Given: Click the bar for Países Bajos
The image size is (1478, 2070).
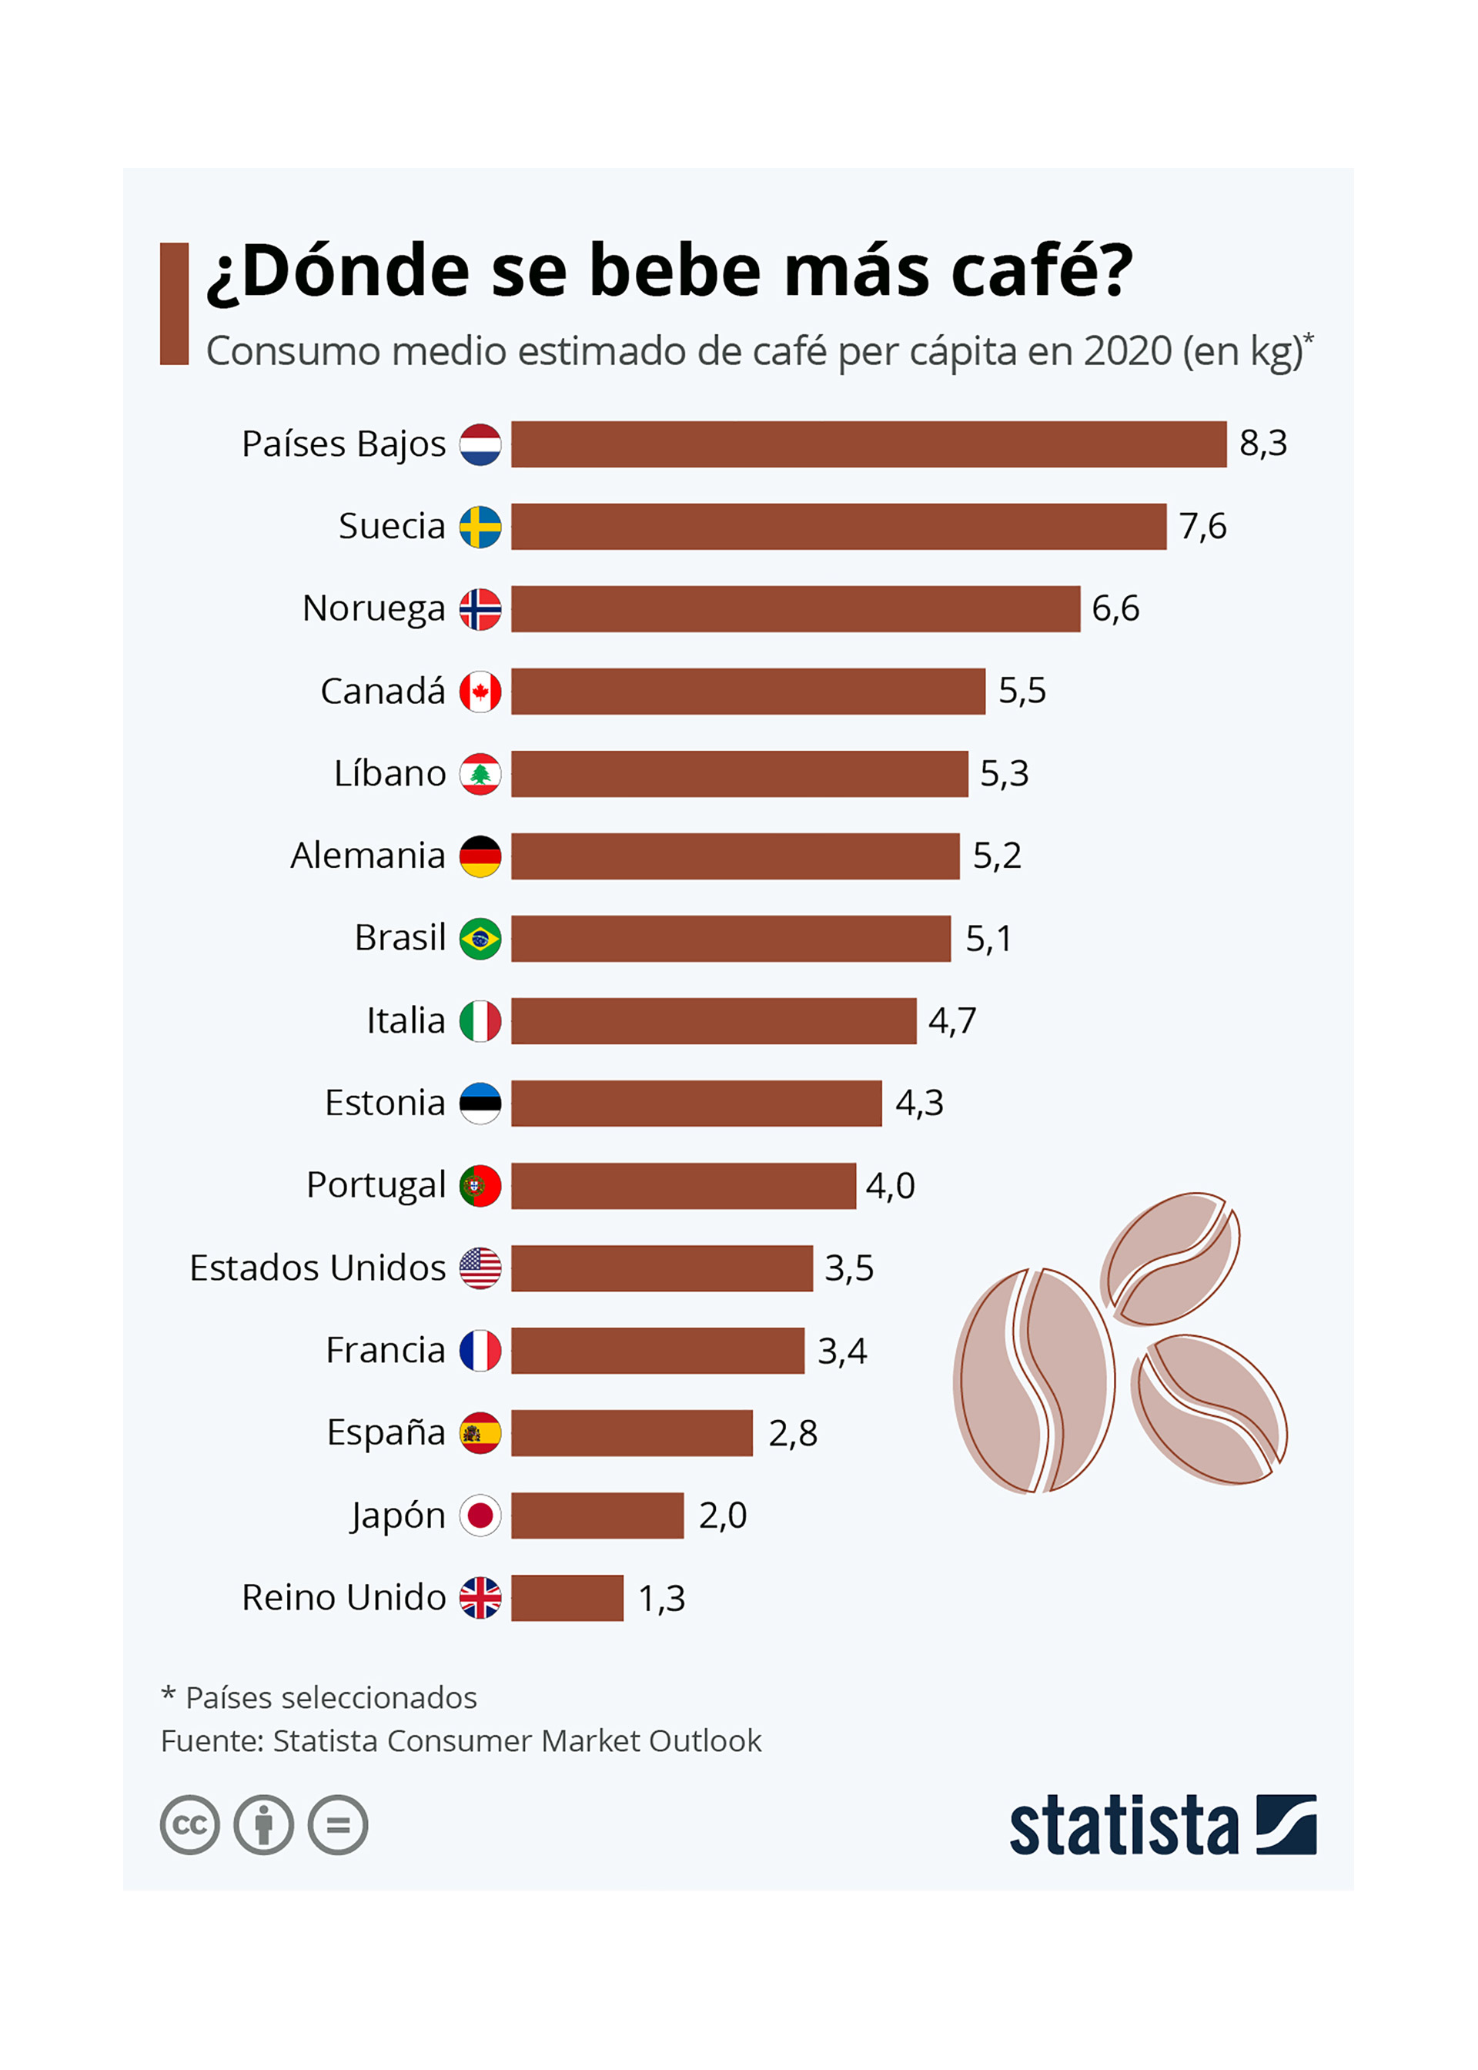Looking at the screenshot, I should pyautogui.click(x=868, y=444).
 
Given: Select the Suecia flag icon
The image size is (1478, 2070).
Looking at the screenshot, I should pyautogui.click(x=480, y=527).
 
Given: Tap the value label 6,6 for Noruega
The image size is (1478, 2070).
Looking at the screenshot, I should pyautogui.click(x=1115, y=608).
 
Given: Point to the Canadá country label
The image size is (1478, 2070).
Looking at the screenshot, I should pyautogui.click(x=383, y=691).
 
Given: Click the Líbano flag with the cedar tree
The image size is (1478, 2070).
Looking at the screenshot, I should pyautogui.click(x=480, y=774).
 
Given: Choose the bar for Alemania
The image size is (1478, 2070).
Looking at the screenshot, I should pyautogui.click(x=734, y=856).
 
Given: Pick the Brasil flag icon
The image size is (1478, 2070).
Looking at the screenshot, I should pyautogui.click(x=480, y=939).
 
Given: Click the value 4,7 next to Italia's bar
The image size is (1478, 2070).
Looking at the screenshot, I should pyautogui.click(x=952, y=1020).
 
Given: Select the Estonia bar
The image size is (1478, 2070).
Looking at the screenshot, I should pyautogui.click(x=696, y=1104).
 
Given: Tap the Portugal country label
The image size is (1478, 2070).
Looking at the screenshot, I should pyautogui.click(x=376, y=1185).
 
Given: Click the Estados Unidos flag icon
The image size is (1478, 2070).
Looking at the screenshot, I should pyautogui.click(x=480, y=1268).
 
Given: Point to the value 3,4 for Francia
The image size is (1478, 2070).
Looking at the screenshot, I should pyautogui.click(x=842, y=1351).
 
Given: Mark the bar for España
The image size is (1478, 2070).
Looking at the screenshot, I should pyautogui.click(x=631, y=1433).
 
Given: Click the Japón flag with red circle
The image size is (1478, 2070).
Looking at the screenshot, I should pyautogui.click(x=480, y=1516).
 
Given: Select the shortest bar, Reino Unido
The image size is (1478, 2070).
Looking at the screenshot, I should pyautogui.click(x=567, y=1598).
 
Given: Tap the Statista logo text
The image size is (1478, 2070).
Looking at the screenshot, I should pyautogui.click(x=1123, y=1825).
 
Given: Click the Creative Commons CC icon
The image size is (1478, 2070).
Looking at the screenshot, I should pyautogui.click(x=189, y=1825).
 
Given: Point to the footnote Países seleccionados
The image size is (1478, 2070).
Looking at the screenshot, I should pyautogui.click(x=330, y=1698).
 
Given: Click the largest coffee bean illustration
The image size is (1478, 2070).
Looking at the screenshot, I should pyautogui.click(x=1034, y=1380).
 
